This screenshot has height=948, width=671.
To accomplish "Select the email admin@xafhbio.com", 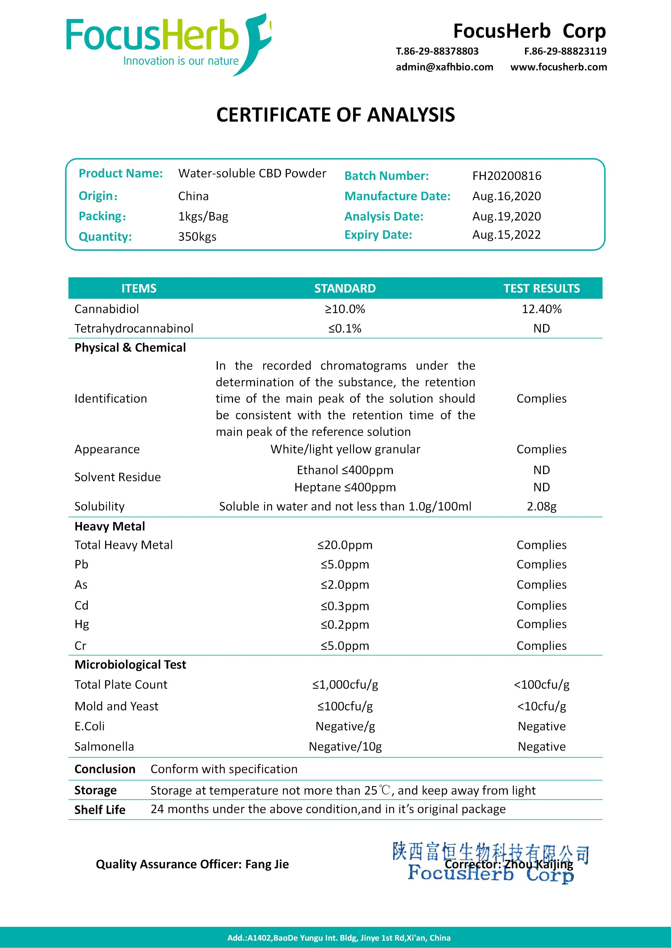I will pyautogui.click(x=444, y=67).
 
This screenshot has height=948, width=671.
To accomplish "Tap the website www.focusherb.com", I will pyautogui.click(x=559, y=67).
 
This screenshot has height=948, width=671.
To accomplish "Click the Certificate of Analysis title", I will pyautogui.click(x=335, y=115).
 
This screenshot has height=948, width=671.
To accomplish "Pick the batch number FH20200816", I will pyautogui.click(x=506, y=176).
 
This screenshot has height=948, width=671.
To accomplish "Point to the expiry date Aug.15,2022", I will pyautogui.click(x=506, y=235).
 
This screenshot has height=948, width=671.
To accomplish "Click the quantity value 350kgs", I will pyautogui.click(x=197, y=237).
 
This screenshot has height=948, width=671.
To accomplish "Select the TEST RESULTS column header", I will pyautogui.click(x=541, y=288).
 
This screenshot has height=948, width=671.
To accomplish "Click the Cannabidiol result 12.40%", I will pyautogui.click(x=541, y=309).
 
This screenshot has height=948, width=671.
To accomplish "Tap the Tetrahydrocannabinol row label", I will pyautogui.click(x=134, y=328).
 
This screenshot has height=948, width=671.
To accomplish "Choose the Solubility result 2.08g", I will pyautogui.click(x=541, y=506).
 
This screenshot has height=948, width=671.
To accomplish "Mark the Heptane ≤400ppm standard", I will pyautogui.click(x=345, y=487).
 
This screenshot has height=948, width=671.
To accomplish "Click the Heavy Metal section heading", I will pyautogui.click(x=110, y=527).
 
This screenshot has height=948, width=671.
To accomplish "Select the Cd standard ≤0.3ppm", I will pyautogui.click(x=345, y=606).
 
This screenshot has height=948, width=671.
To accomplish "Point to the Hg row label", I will pyautogui.click(x=81, y=624).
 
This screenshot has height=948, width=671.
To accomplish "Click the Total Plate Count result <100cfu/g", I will pyautogui.click(x=541, y=684).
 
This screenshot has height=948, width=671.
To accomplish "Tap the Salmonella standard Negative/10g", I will pyautogui.click(x=345, y=746).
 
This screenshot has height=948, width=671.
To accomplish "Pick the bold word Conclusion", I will pyautogui.click(x=105, y=769).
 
